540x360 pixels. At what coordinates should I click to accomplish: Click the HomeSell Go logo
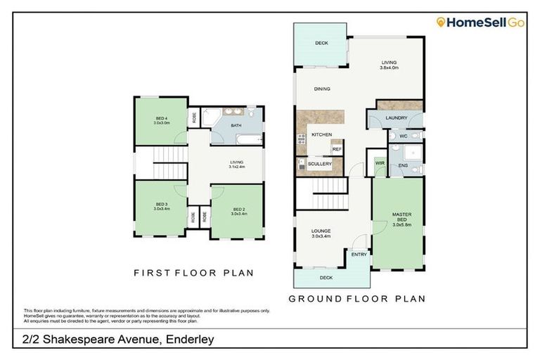[480, 23]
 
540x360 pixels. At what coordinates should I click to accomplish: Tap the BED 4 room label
[162, 119]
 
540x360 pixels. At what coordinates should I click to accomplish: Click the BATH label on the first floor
[235, 126]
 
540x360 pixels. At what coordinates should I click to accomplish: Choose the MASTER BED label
[401, 218]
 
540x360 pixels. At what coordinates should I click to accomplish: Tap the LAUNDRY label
[397, 117]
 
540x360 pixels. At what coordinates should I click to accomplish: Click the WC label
[404, 136]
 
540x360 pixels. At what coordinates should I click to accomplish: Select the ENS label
[403, 166]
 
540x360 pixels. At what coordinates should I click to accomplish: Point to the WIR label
[380, 163]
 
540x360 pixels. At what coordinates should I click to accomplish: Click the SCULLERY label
[319, 164]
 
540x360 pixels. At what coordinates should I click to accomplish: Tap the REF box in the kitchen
[337, 149]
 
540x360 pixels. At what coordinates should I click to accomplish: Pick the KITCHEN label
[321, 134]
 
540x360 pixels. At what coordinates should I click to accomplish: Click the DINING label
[322, 89]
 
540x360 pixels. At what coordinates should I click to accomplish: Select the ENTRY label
[359, 255]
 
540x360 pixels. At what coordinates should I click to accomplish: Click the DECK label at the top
[321, 44]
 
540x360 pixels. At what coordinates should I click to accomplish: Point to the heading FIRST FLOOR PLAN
[194, 273]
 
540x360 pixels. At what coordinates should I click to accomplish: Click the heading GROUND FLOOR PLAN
[357, 299]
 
